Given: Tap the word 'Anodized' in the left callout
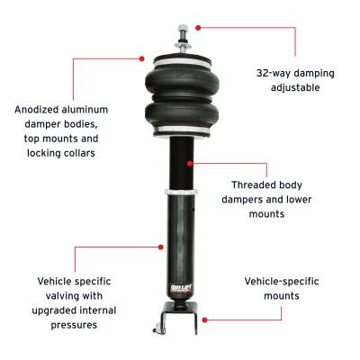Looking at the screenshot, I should click(x=40, y=110).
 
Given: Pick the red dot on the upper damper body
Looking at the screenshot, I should click(x=192, y=163).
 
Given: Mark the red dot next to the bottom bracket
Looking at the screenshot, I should click(x=205, y=318).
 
